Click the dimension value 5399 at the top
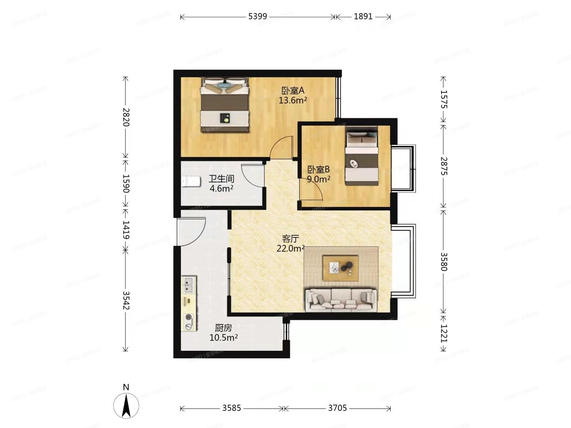(x=258, y=17)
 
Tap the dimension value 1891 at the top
(x=363, y=17)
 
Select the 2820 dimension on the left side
(x=126, y=117)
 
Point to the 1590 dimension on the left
(x=126, y=183)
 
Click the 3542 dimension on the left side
(x=126, y=300)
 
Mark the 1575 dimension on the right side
(x=443, y=99)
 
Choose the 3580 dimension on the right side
(x=443, y=262)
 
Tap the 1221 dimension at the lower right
(x=443, y=333)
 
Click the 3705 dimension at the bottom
(x=337, y=408)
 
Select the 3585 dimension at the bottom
(x=232, y=408)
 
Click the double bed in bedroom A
(x=225, y=105)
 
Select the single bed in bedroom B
(x=361, y=156)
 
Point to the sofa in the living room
(x=341, y=299)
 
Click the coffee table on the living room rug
(x=340, y=268)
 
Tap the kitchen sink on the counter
(x=189, y=284)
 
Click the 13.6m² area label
(x=293, y=100)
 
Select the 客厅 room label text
(x=290, y=239)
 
